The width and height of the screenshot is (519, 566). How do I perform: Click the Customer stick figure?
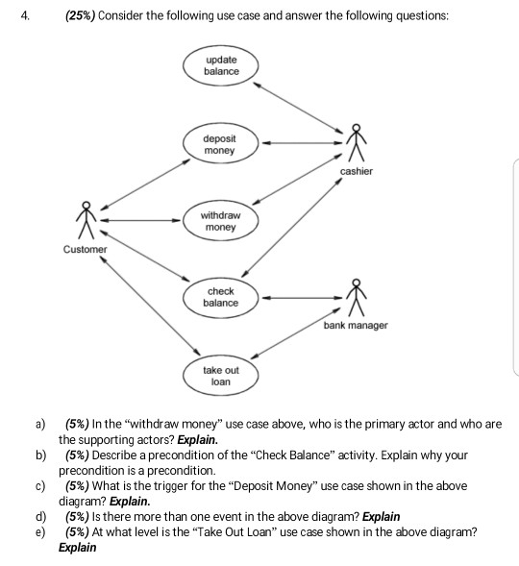tap(86, 220)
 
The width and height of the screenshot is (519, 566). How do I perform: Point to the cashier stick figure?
tap(357, 143)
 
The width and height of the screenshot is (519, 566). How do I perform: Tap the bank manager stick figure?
tap(357, 298)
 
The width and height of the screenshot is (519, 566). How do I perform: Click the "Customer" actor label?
tap(86, 250)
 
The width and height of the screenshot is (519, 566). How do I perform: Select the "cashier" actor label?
tap(357, 171)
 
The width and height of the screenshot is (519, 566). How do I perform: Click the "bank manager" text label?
tap(356, 325)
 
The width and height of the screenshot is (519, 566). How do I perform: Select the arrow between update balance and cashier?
tap(298, 108)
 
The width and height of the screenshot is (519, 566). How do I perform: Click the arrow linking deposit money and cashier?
tap(302, 143)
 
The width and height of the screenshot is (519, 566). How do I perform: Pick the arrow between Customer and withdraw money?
tap(140, 220)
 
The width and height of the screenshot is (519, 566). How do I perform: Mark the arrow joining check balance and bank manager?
tap(302, 298)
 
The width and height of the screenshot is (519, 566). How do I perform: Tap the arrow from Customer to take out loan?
tap(150, 306)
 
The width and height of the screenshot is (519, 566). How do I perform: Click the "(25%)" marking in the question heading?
tap(80, 16)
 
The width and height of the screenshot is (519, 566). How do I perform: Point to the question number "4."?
tap(25, 16)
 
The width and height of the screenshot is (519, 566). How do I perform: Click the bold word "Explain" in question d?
tap(382, 517)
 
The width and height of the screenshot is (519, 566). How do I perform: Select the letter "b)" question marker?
tap(40, 455)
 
